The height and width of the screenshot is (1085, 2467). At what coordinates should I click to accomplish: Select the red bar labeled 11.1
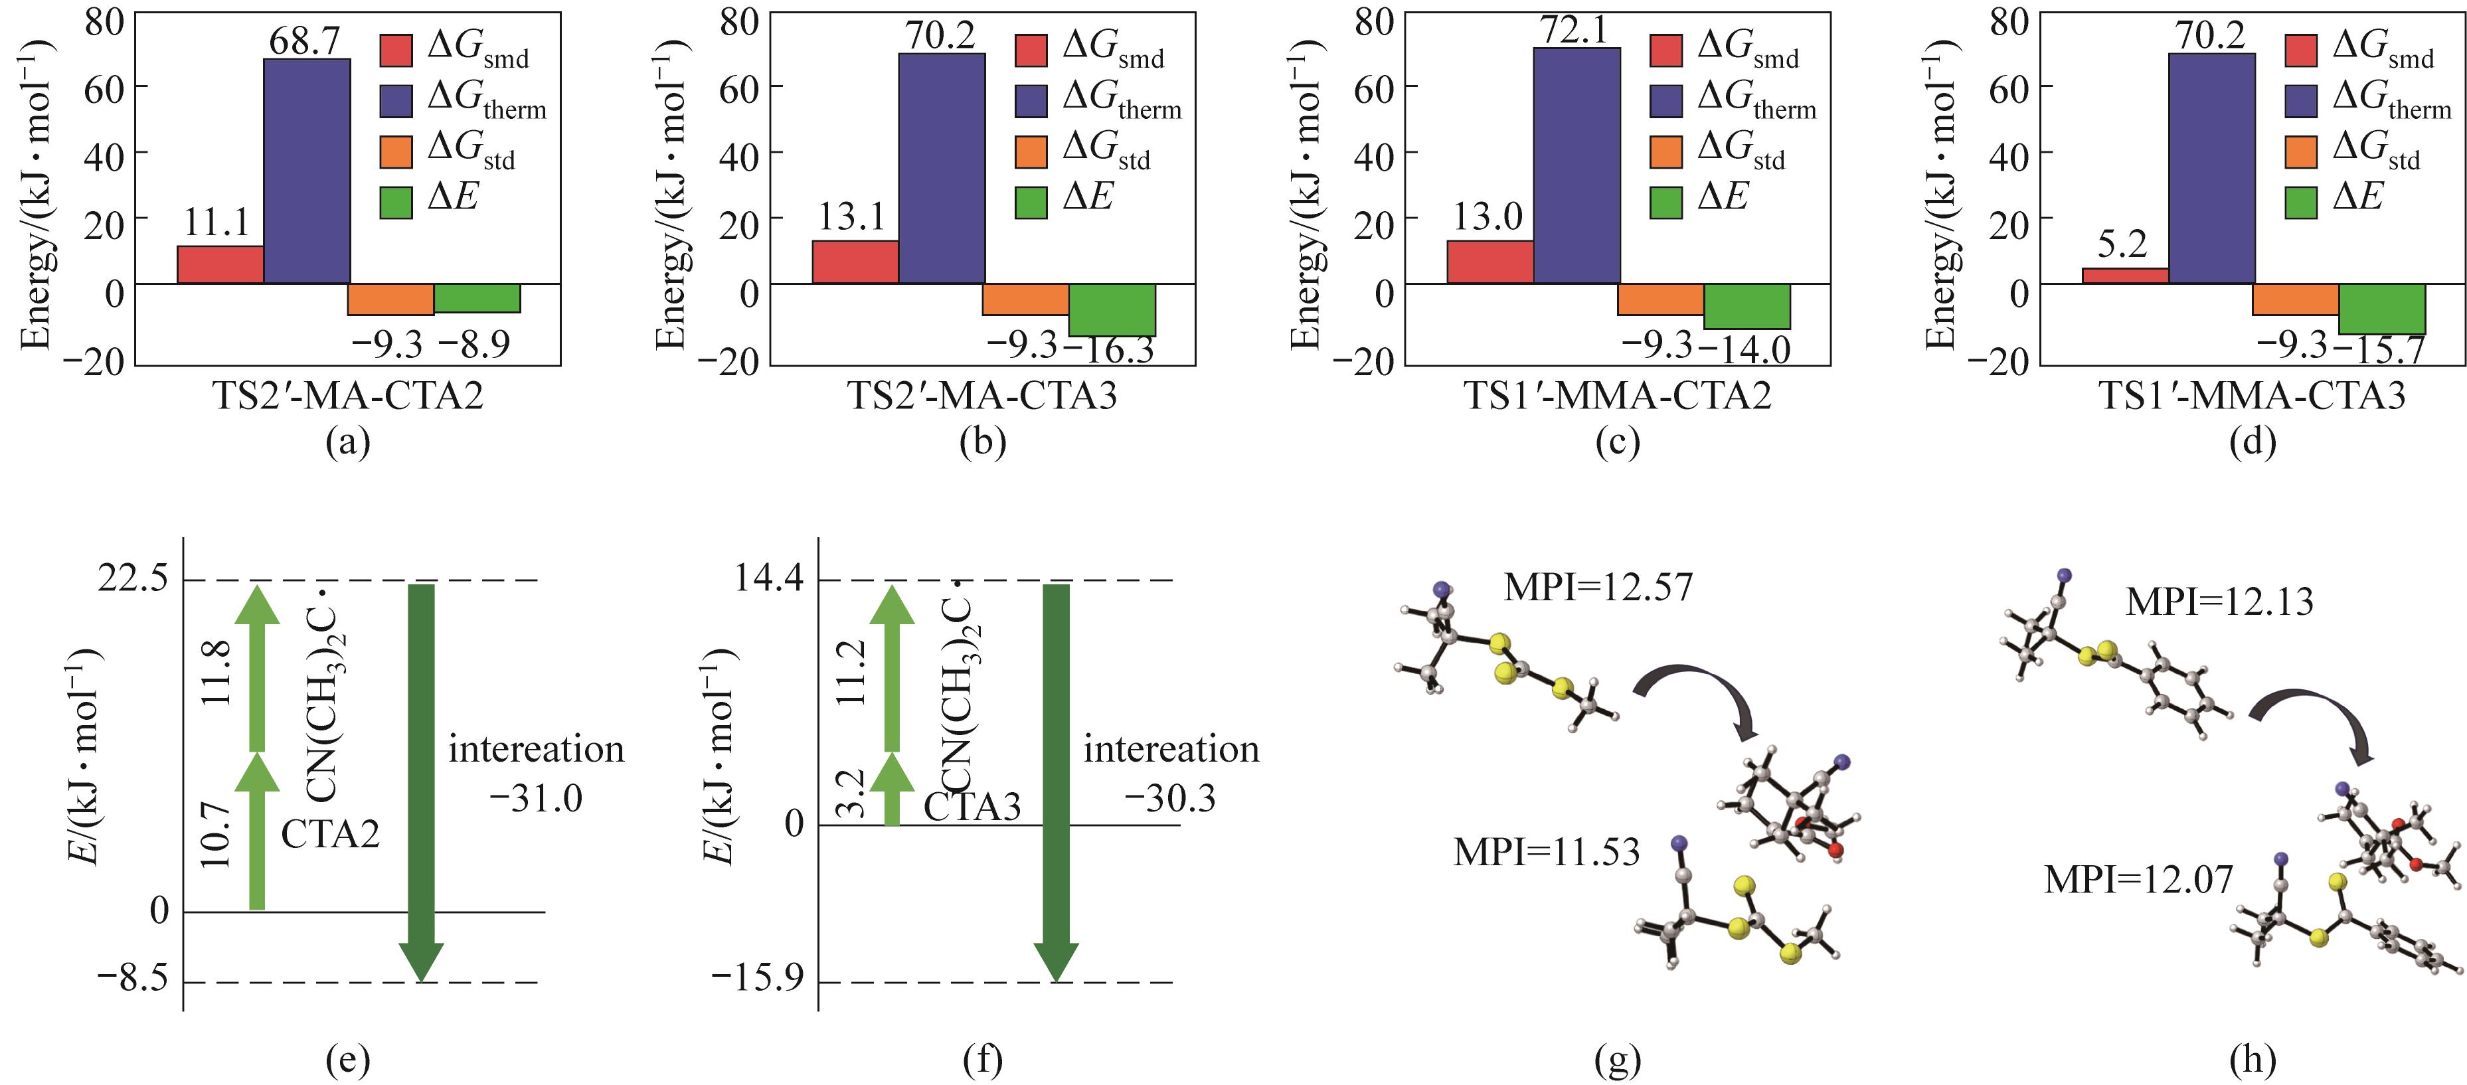click(x=220, y=264)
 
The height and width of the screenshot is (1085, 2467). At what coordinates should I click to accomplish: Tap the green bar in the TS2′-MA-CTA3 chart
click(x=1112, y=309)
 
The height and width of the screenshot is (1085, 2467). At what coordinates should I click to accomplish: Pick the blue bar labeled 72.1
click(x=1576, y=165)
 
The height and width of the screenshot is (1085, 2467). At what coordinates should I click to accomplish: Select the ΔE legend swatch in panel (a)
click(x=396, y=202)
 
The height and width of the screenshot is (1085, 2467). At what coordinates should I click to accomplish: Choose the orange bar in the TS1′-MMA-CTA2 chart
click(x=1661, y=299)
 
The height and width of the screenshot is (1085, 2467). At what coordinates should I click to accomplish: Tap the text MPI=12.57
click(x=1598, y=587)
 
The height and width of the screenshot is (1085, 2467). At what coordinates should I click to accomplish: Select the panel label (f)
click(x=983, y=1059)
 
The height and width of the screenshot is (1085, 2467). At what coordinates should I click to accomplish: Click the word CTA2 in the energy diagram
click(x=331, y=834)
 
